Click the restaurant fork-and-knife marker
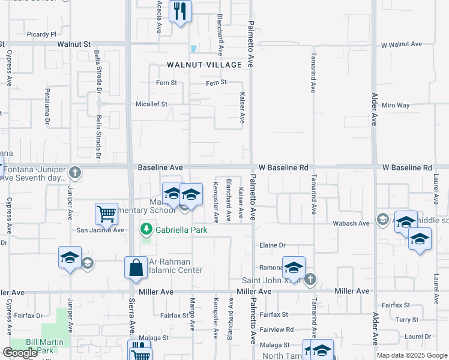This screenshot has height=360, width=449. (180, 11)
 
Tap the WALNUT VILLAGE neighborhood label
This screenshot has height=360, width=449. (204, 64)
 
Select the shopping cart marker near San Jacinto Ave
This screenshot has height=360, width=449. (106, 214)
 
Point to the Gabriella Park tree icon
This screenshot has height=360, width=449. (146, 229)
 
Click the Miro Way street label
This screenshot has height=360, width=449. (396, 105)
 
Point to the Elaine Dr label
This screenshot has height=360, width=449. (272, 245)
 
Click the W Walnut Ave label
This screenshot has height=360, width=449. (402, 44)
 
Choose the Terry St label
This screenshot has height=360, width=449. (411, 320)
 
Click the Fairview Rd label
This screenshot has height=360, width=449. (277, 329)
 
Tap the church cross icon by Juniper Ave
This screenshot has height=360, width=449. (74, 172)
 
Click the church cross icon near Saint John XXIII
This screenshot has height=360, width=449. (310, 279)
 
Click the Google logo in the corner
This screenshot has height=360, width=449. (20, 353)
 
